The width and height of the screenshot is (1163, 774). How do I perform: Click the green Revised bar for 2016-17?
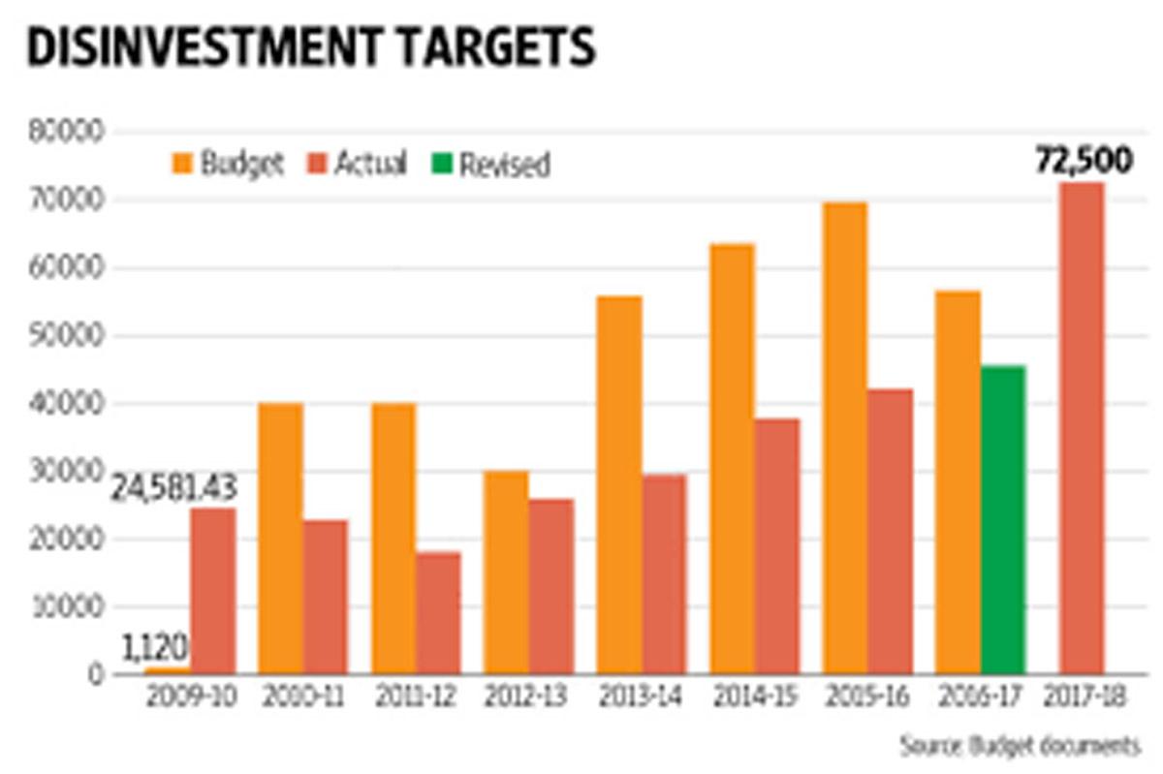[x=1002, y=520]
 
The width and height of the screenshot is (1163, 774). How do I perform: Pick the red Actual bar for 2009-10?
[x=212, y=591]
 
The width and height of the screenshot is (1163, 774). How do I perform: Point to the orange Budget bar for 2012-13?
[x=505, y=573]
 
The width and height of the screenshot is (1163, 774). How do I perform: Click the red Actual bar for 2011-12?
[x=439, y=613]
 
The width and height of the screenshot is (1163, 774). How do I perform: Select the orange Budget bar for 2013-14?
[x=618, y=485]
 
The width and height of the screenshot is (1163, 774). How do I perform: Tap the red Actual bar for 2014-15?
[x=777, y=546]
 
